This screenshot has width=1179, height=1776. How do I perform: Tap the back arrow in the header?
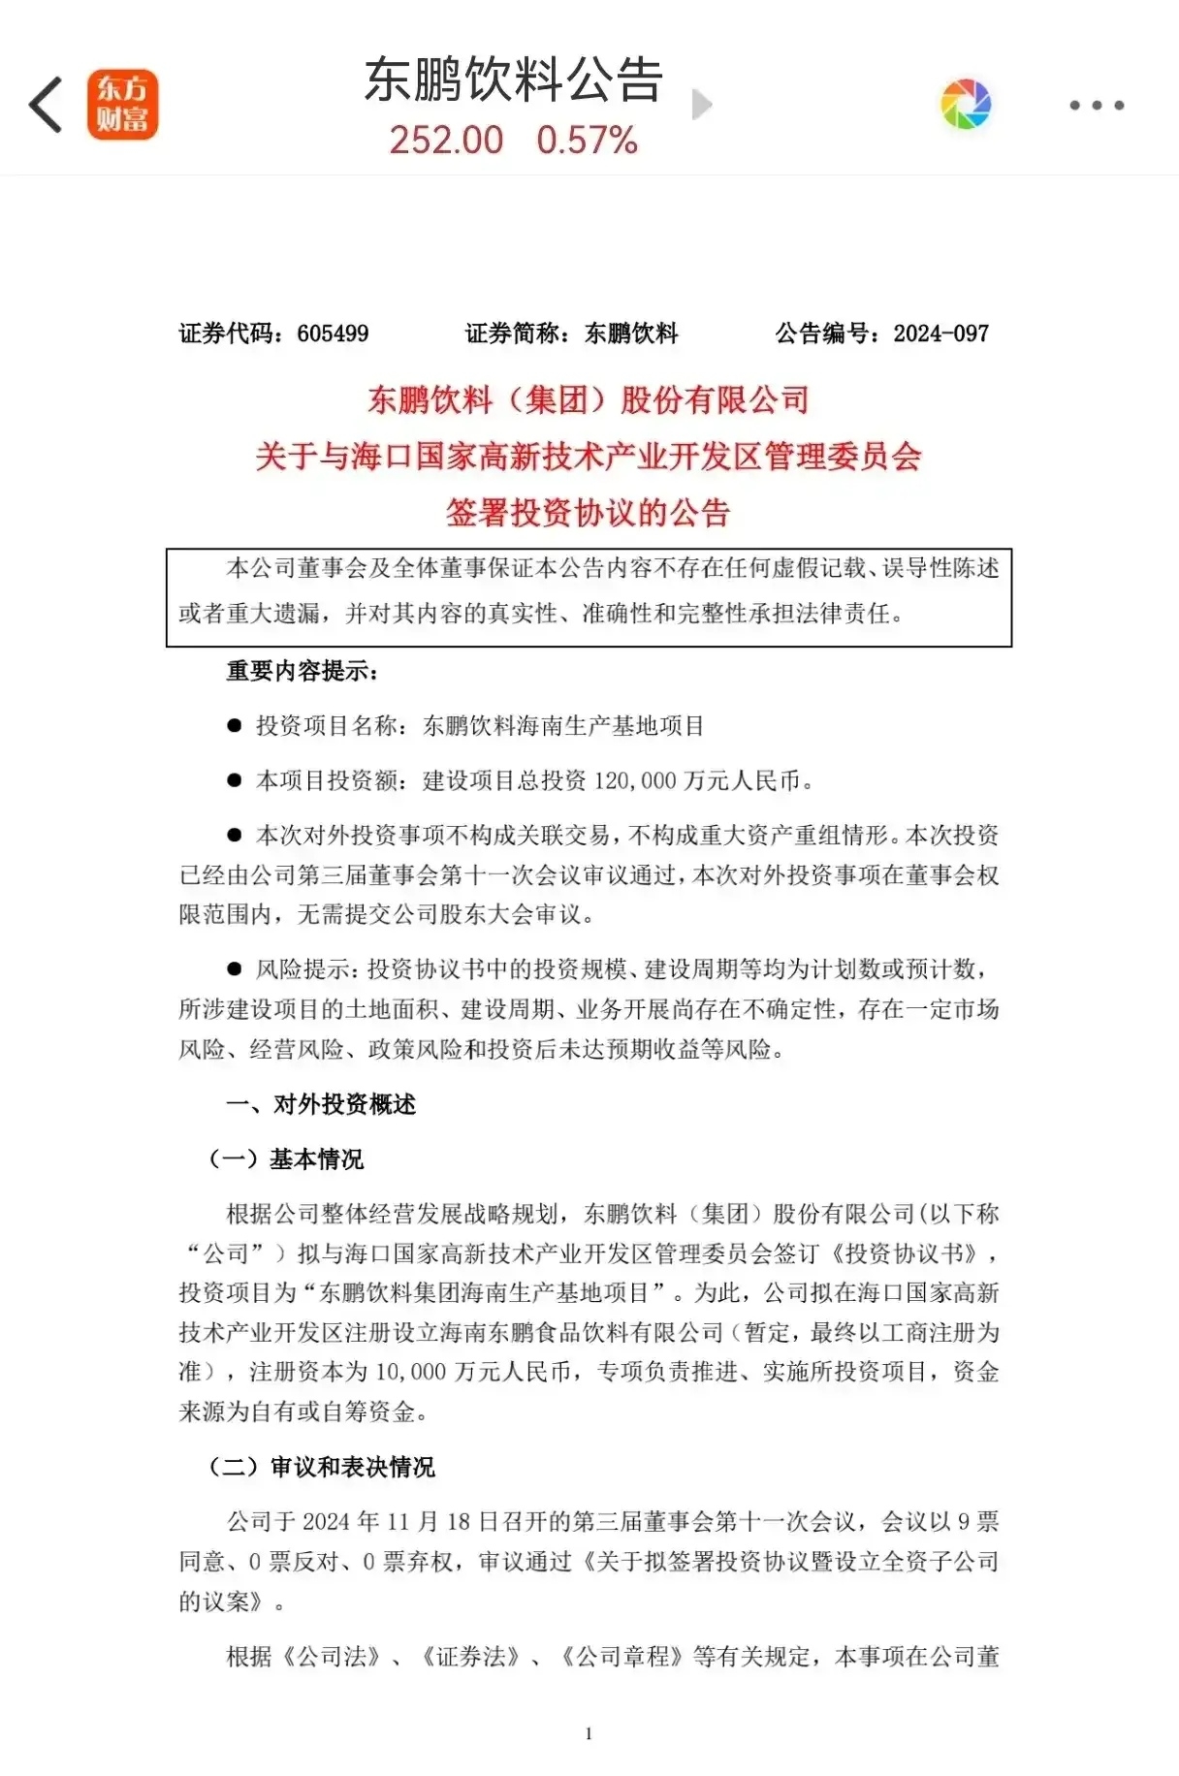point(46,105)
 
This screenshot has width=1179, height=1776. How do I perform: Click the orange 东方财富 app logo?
point(122,105)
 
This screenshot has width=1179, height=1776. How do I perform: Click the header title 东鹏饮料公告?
point(513,79)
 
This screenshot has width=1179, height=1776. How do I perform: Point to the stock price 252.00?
point(446,141)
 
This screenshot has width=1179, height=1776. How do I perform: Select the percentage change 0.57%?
point(587,141)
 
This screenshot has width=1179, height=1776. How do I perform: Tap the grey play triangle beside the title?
point(702,105)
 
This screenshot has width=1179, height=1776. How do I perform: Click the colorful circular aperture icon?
point(966,105)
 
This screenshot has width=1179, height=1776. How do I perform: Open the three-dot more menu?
point(1097,105)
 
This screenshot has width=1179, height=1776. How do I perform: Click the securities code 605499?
point(333,333)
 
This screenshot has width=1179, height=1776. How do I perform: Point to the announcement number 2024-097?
point(940,333)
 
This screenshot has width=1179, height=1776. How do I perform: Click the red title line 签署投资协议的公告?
point(588,513)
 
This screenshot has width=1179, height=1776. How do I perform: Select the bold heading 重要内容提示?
point(302,671)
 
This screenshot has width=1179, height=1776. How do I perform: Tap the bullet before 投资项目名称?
point(234,725)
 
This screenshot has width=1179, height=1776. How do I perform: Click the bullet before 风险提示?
point(234,968)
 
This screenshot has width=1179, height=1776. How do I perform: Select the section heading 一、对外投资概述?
point(321,1104)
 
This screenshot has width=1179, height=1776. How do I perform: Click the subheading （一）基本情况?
point(286,1159)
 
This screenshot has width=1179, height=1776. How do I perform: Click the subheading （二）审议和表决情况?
point(322,1467)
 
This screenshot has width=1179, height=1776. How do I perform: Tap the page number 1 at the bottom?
point(589,1733)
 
